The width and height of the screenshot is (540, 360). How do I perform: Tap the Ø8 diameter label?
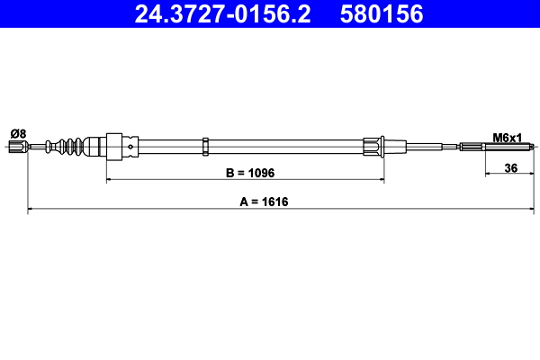[x=18, y=133]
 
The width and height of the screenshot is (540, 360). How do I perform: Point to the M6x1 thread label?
[x=507, y=137]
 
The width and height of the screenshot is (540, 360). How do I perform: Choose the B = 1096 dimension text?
[x=246, y=171]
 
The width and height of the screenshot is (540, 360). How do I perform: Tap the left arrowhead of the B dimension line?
[x=111, y=180]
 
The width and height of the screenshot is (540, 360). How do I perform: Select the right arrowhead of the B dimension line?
[x=381, y=180]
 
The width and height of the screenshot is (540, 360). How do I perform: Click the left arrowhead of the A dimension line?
[x=32, y=210]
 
